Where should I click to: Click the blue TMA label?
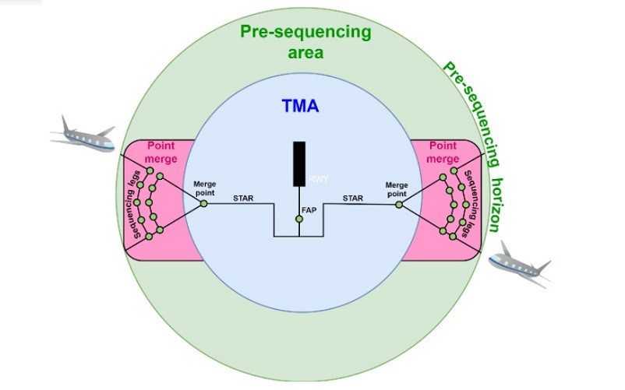click(x=299, y=107)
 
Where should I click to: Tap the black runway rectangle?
click(x=298, y=163)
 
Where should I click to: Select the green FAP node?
click(x=298, y=220)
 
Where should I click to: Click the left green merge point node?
click(x=203, y=203)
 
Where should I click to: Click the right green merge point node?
click(x=398, y=205)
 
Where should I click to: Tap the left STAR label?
click(x=242, y=199)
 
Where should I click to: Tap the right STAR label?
click(x=353, y=199)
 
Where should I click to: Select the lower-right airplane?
click(x=520, y=263)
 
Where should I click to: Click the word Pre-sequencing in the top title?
click(x=305, y=33)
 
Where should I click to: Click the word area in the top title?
click(x=305, y=53)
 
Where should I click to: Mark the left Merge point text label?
click(x=205, y=188)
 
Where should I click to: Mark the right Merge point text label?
click(x=397, y=189)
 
